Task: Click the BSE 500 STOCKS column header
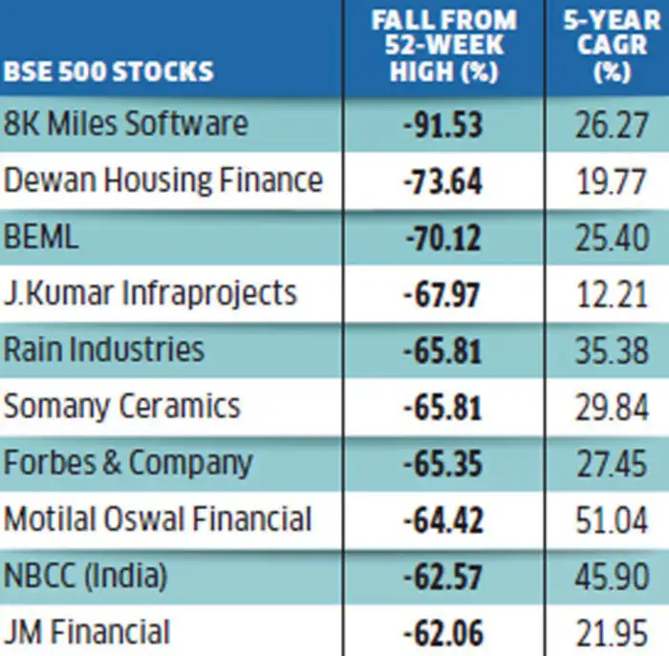[109, 71]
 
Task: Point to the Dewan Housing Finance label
[163, 180]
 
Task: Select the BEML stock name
[42, 237]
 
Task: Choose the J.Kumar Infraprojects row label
[150, 293]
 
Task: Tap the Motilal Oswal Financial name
[158, 519]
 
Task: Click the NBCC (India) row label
[86, 576]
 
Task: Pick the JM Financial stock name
[87, 632]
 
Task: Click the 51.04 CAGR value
[612, 519]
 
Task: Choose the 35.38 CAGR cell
[612, 350]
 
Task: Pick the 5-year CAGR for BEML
[612, 238]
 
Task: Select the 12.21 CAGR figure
[612, 294]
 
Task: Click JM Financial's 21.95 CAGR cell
[612, 632]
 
